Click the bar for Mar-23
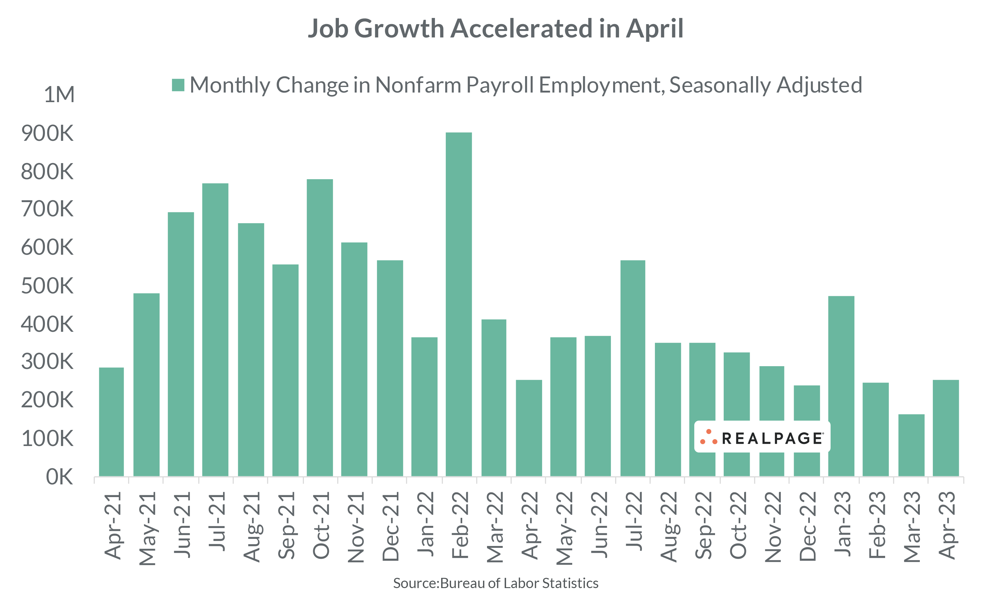pyautogui.click(x=911, y=445)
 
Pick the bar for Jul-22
pyautogui.click(x=633, y=368)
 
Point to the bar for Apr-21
pyautogui.click(x=111, y=422)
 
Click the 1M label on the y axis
pyautogui.click(x=59, y=95)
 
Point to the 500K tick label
pyautogui.click(x=47, y=286)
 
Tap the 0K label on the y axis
pyautogui.click(x=59, y=477)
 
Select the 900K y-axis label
pyautogui.click(x=47, y=133)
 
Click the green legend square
pyautogui.click(x=178, y=85)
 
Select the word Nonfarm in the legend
pyautogui.click(x=418, y=85)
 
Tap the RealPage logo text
pyautogui.click(x=772, y=439)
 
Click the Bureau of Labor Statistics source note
pyautogui.click(x=495, y=583)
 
